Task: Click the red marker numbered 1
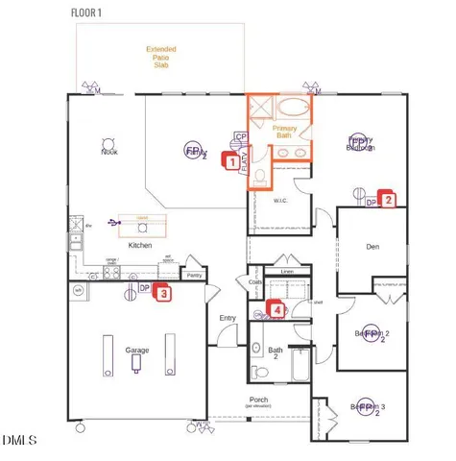(231, 163)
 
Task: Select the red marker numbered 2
(388, 200)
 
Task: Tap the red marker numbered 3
(164, 294)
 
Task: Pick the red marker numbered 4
(277, 309)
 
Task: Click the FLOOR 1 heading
(92, 12)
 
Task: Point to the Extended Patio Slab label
(160, 57)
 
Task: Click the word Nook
(109, 151)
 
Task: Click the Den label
(373, 246)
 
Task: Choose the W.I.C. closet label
(281, 202)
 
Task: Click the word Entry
(228, 318)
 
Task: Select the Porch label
(258, 400)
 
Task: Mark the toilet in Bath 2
(256, 372)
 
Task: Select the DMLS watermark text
(19, 440)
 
